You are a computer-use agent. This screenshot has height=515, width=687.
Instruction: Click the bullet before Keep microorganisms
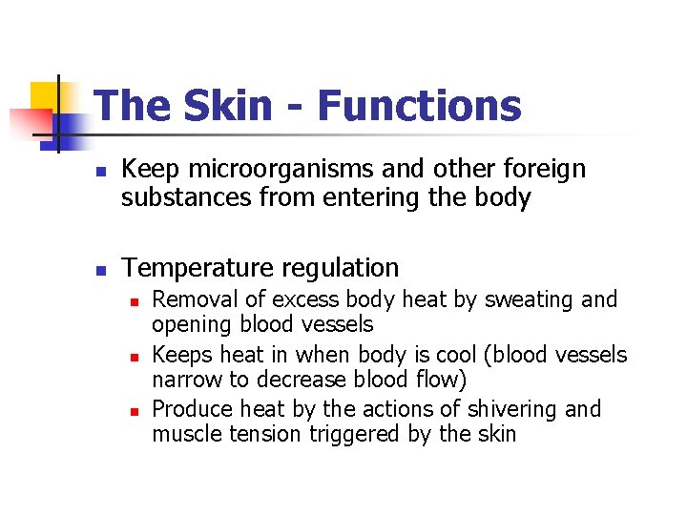coord(98,172)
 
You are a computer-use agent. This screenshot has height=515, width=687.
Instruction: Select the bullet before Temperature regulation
coord(98,270)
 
